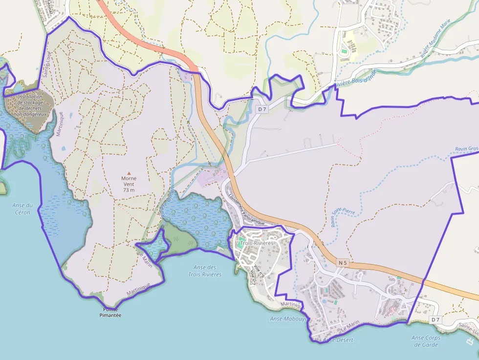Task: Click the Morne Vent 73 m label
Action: point(129,184)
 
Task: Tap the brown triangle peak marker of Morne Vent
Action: point(129,173)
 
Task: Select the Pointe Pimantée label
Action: point(110,312)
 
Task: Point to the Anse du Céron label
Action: point(22,209)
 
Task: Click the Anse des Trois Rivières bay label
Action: point(205,271)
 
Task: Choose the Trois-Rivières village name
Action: point(257,243)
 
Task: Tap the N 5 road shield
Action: point(343,263)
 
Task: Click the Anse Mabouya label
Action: point(288,318)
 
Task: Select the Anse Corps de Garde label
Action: point(426,341)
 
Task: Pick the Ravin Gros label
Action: point(466,148)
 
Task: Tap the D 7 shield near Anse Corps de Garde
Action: point(435,319)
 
